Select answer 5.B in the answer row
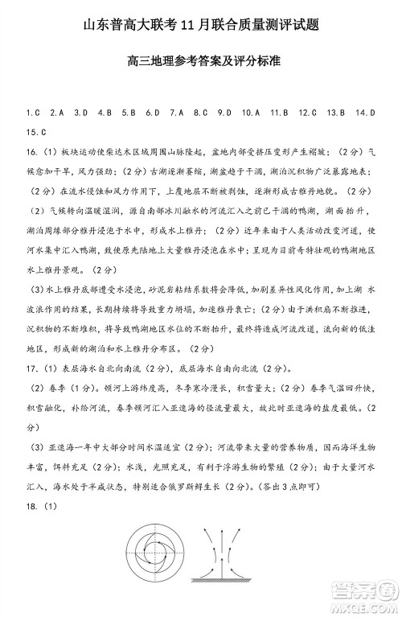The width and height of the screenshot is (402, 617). (x=127, y=113)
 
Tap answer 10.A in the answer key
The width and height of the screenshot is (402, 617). (x=249, y=113)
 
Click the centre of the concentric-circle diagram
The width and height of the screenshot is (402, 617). (x=154, y=560)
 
